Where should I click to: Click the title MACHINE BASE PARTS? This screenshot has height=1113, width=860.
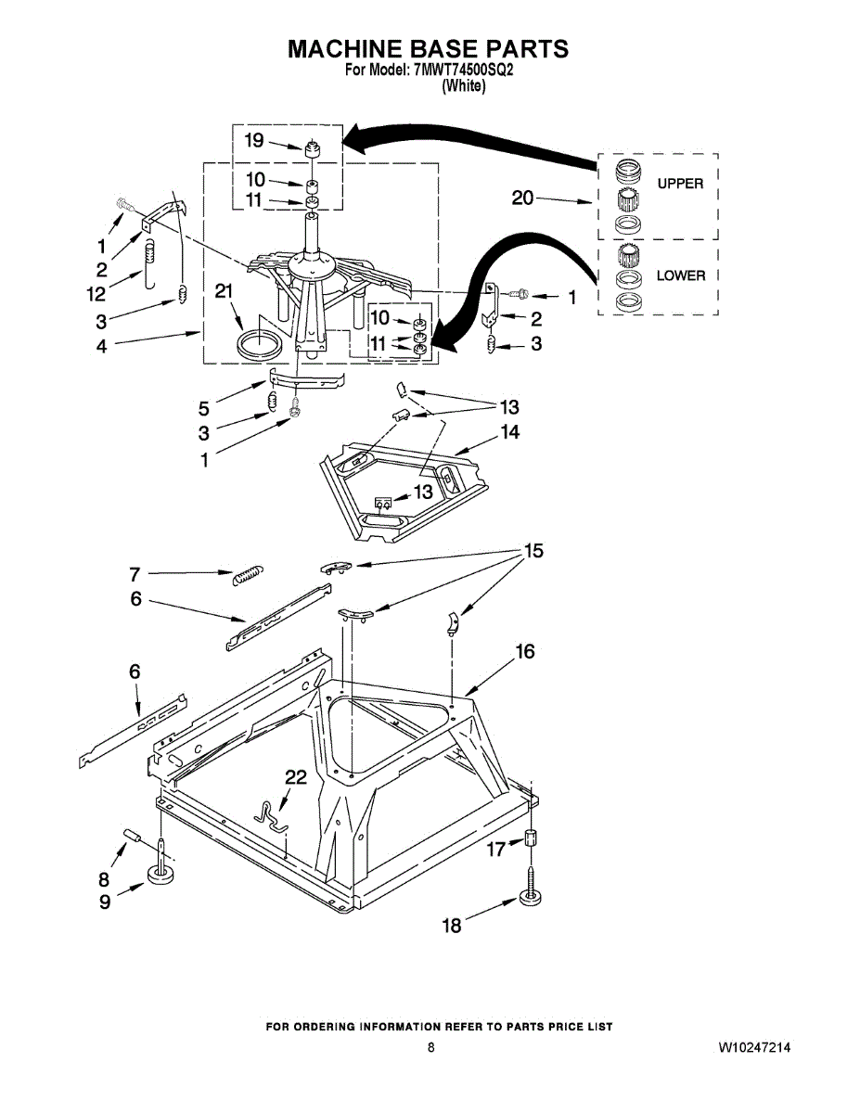[428, 48]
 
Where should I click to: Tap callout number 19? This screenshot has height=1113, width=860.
[254, 140]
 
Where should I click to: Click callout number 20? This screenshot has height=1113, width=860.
[522, 197]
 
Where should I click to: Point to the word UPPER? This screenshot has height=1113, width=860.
[680, 184]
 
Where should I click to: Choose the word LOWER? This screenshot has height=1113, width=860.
[680, 275]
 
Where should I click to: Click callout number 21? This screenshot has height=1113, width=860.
[223, 291]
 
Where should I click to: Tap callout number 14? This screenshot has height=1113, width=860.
[509, 431]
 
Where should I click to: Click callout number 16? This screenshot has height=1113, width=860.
[525, 652]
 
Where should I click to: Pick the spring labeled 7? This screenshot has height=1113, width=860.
[247, 574]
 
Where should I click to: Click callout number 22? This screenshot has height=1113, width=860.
[295, 778]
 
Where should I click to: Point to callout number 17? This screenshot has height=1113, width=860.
[497, 848]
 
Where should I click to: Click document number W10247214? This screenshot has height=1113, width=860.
[754, 1047]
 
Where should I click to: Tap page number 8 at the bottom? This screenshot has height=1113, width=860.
[430, 1047]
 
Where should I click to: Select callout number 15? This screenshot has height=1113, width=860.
[533, 551]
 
